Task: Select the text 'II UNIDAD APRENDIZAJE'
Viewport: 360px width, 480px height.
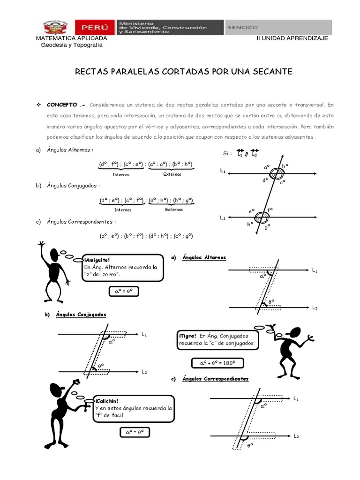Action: pyautogui.click(x=292, y=38)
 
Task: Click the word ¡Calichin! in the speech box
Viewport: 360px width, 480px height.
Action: pyautogui.click(x=106, y=401)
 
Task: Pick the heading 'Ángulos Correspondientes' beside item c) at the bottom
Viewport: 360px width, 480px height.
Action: pyautogui.click(x=215, y=379)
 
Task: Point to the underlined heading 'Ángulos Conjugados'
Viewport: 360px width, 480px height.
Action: pyautogui.click(x=82, y=315)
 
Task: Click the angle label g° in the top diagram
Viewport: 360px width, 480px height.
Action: pyautogui.click(x=267, y=227)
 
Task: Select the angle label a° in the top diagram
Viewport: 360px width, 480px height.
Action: pyautogui.click(x=267, y=166)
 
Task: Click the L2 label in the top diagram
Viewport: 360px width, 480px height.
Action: pyautogui.click(x=223, y=218)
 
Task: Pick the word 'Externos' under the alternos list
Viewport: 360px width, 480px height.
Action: pyautogui.click(x=172, y=174)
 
